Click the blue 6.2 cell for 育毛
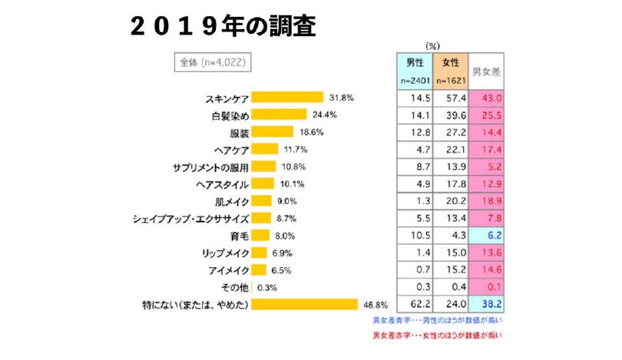tap(491, 236)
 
